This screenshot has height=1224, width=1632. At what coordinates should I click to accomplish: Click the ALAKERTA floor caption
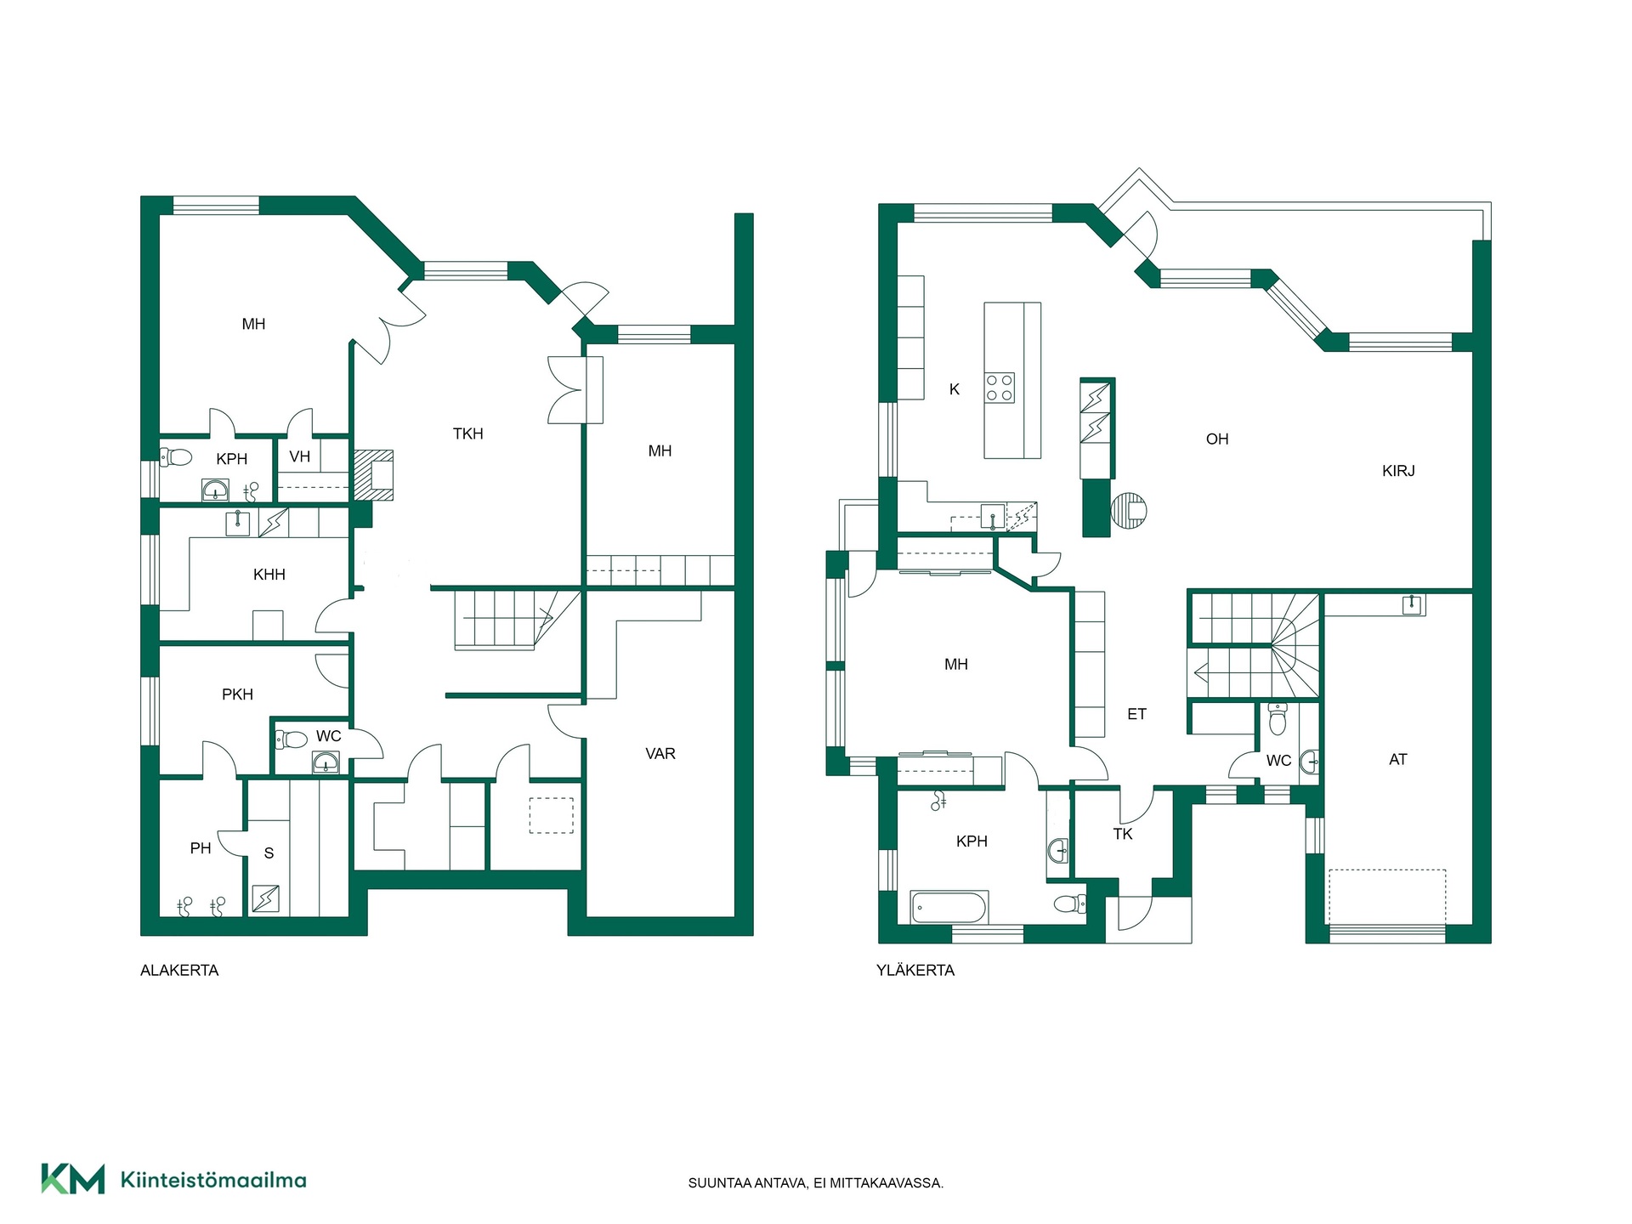[179, 971]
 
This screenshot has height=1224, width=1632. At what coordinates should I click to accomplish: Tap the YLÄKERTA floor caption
[915, 971]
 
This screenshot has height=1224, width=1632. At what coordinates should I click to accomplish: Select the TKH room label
[468, 434]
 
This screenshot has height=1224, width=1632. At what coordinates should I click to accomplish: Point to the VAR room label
[660, 754]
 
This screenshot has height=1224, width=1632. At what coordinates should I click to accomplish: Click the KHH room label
[269, 575]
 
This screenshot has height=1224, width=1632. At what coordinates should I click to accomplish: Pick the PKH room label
[238, 695]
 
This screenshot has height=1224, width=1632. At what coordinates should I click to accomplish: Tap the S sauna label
[269, 853]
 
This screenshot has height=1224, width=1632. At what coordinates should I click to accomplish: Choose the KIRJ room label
[1398, 471]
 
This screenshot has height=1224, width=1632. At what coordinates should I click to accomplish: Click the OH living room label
[1217, 439]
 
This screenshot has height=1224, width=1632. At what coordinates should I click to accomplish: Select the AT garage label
[1398, 760]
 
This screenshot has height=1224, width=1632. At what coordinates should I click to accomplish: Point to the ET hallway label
[1137, 715]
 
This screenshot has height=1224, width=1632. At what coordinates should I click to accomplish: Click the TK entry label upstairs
[1123, 835]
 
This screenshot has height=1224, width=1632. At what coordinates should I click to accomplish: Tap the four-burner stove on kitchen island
[1000, 388]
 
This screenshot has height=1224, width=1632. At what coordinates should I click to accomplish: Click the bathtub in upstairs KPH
[949, 907]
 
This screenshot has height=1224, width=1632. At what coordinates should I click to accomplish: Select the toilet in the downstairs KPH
[176, 457]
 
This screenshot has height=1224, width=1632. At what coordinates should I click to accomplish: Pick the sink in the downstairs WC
[326, 762]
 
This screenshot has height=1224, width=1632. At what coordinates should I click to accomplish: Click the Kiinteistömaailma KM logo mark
[73, 1180]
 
